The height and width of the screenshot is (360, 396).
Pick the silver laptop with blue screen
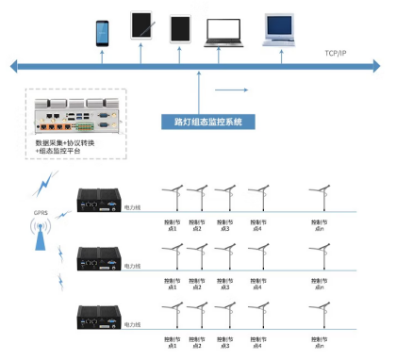(x=286, y=30)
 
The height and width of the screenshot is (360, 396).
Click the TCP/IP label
(x=337, y=53)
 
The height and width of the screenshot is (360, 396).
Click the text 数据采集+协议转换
(x=64, y=142)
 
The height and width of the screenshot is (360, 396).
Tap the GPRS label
(x=41, y=213)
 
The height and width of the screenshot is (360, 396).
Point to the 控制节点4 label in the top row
(x=255, y=225)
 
